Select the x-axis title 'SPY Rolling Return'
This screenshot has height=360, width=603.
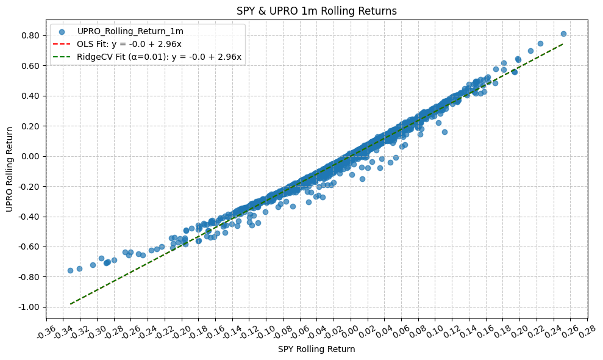(316, 349)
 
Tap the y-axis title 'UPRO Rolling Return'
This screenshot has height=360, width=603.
(9, 169)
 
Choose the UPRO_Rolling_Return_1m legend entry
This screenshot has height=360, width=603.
(130, 31)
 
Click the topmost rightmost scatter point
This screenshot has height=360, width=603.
(563, 34)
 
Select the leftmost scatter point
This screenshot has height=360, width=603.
(70, 270)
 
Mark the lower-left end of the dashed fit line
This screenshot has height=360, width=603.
(71, 303)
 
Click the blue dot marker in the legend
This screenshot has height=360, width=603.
(62, 31)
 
